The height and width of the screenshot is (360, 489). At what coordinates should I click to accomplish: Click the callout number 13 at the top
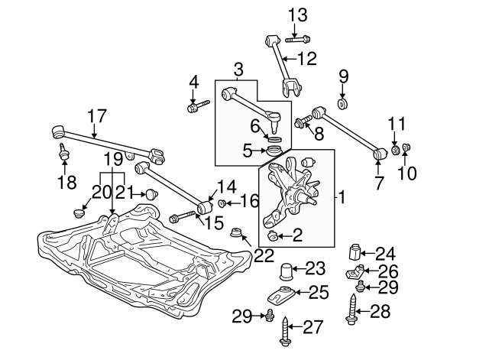tap(297, 13)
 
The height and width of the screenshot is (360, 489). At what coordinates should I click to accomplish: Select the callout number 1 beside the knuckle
tap(342, 197)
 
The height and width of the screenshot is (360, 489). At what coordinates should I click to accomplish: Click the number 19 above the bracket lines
tap(113, 159)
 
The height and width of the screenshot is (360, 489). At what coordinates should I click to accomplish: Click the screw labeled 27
tap(287, 332)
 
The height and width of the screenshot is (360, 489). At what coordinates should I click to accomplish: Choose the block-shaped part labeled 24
tap(355, 252)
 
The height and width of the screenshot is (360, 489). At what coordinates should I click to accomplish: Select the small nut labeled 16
tap(221, 203)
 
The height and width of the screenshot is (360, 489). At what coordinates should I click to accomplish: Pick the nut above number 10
tap(406, 147)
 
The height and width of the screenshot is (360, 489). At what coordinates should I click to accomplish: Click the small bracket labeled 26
tap(355, 272)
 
